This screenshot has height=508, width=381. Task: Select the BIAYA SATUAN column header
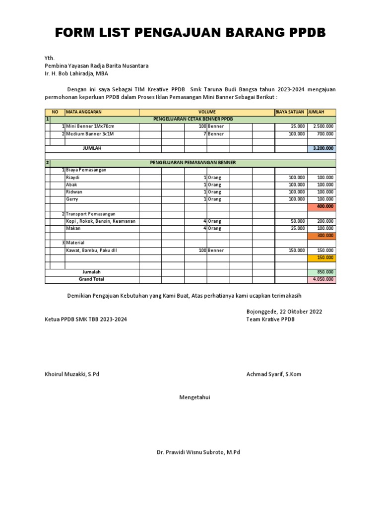coord(291,112)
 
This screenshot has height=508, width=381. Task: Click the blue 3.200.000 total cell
coord(321,148)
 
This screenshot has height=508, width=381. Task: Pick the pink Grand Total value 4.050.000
coord(321,280)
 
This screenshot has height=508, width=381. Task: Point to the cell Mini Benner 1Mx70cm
coord(90,127)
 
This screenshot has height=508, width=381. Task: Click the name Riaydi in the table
coord(72,177)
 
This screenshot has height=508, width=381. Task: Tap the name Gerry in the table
coord(72,199)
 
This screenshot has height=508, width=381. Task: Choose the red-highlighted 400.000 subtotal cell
coord(321,206)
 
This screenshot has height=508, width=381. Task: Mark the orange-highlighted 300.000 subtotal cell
coord(321,236)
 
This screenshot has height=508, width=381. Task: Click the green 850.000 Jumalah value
coord(321,272)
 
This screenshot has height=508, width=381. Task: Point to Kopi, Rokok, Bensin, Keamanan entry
coord(101,221)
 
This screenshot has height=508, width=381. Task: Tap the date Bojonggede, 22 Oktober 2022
coord(284,312)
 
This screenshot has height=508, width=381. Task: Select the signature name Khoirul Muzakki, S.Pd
coord(72,374)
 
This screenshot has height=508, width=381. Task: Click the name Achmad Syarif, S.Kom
coord(273,374)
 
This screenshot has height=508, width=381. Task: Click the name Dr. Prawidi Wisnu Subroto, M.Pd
coord(198,452)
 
